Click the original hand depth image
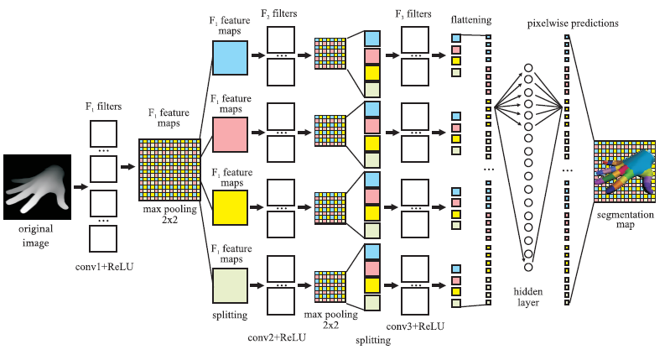tap(37, 187)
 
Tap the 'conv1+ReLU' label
tap(104, 267)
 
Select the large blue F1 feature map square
tap(230, 58)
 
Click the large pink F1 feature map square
tap(230, 134)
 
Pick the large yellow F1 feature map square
tap(230, 208)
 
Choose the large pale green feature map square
tap(230, 286)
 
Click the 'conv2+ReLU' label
tap(277, 337)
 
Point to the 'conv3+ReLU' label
tap(415, 326)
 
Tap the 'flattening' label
tap(471, 20)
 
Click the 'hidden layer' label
tap(528, 297)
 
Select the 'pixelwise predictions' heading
tap(573, 23)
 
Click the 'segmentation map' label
tap(625, 219)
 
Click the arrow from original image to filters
tap(81, 187)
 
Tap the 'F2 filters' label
tap(278, 13)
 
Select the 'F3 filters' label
tap(413, 14)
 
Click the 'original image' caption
tap(35, 236)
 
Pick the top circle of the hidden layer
tap(528, 68)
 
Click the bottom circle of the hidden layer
tap(528, 267)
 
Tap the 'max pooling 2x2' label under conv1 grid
tap(169, 215)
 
